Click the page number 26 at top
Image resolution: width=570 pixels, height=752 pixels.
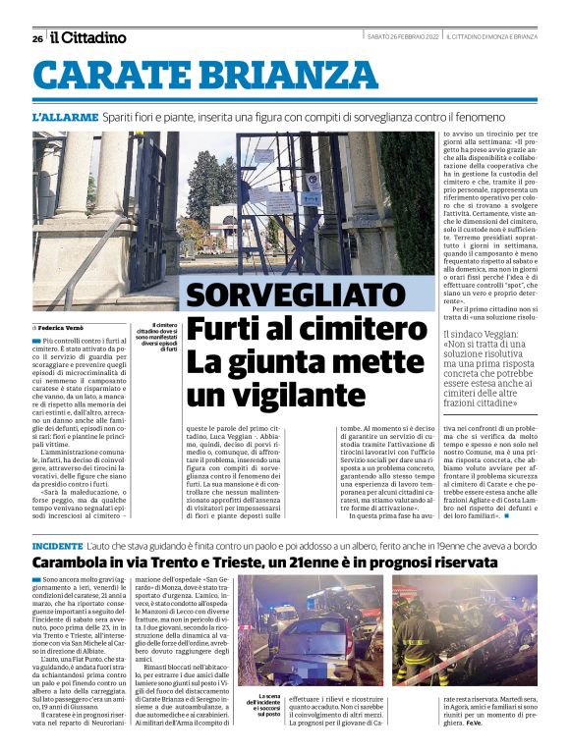(37, 38)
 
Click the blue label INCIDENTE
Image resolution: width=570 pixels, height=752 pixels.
(57, 544)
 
